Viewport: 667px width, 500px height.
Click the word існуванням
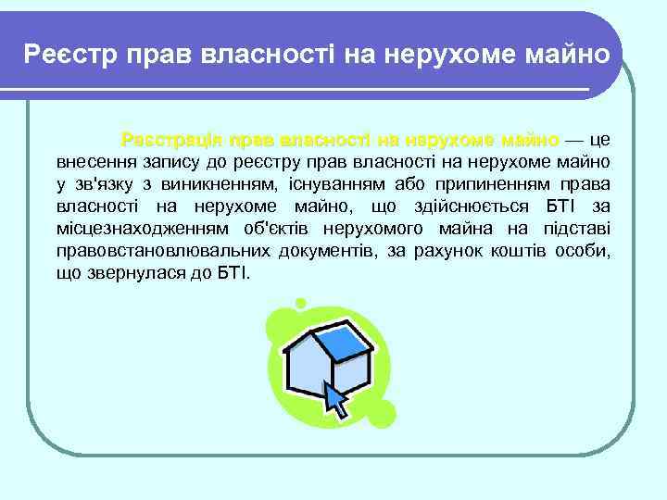tap(329, 184)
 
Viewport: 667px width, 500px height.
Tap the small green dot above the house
tap(299, 303)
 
